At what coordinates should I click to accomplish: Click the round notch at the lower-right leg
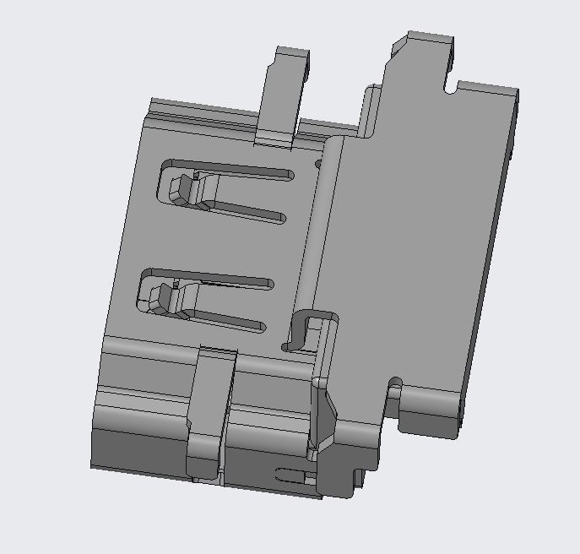[394, 388]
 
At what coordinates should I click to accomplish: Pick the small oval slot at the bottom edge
[291, 474]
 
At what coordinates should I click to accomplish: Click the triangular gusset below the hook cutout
[324, 414]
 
